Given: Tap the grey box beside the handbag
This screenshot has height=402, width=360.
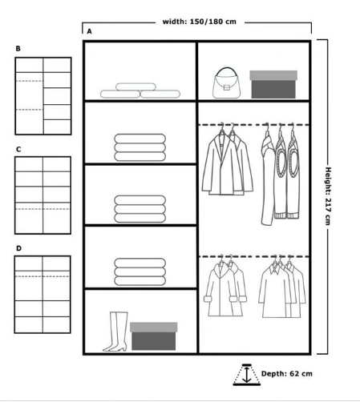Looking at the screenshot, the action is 273,84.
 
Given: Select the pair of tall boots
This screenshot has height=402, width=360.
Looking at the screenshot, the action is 115,332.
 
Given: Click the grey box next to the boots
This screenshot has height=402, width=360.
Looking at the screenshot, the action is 154,336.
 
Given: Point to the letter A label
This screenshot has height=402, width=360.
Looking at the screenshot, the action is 89,31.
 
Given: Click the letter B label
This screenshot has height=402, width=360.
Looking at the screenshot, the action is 18,49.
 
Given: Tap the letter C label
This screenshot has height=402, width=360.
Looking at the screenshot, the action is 18,150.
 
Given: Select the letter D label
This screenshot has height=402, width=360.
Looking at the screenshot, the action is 18,248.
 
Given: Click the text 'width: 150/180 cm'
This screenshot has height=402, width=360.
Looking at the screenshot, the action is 200,22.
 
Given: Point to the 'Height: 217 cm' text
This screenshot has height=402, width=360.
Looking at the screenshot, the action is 328,196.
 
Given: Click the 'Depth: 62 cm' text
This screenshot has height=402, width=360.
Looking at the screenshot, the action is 287,373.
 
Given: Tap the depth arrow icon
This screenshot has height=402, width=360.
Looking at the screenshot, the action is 246,375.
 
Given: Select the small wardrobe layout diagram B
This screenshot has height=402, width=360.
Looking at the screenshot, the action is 43,96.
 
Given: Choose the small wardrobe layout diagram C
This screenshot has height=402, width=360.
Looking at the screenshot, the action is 42,195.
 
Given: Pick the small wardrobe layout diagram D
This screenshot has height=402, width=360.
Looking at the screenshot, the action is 42,295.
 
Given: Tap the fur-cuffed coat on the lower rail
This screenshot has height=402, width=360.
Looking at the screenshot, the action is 225,287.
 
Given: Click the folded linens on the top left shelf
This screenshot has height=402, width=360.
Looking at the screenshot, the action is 140,90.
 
